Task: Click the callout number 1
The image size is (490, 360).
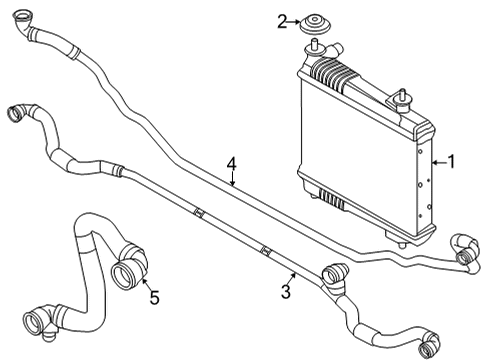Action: (451, 161)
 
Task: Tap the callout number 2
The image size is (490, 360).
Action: (282, 19)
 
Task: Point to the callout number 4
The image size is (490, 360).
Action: (231, 163)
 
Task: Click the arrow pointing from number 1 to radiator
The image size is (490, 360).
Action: (436, 161)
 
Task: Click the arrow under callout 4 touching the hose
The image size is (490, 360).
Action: (231, 181)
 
